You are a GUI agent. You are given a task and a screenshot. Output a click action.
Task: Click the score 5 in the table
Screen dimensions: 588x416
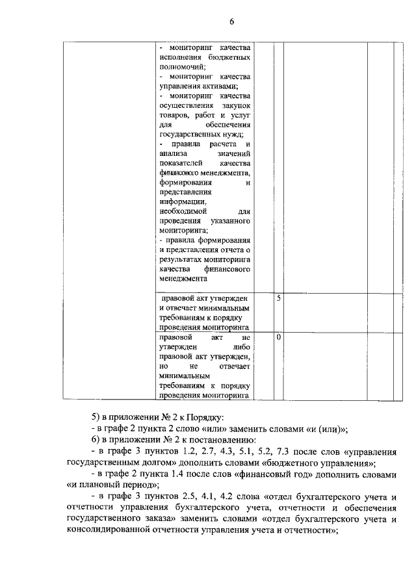(x=278, y=298)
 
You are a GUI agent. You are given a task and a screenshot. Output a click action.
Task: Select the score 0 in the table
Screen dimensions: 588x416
(x=278, y=338)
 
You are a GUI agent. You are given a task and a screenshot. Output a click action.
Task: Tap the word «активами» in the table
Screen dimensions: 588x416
(x=218, y=86)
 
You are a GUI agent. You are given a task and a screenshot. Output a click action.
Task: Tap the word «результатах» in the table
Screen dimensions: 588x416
(x=181, y=259)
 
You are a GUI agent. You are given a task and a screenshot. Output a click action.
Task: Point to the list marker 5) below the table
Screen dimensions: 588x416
(x=96, y=416)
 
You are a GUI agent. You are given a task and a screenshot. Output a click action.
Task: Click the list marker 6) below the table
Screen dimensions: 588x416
(x=96, y=440)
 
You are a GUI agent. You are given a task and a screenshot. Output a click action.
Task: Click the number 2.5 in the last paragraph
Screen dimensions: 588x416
(x=181, y=498)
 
